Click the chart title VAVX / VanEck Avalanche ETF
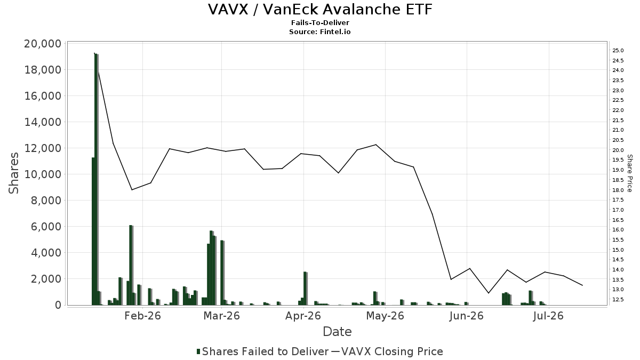pos(320,10)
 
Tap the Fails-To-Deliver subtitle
pos(320,22)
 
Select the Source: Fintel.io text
pos(319,31)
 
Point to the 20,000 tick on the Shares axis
pos(43,44)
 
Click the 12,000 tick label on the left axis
pos(43,148)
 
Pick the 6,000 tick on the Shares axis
pos(46,227)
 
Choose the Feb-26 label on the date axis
pos(142,316)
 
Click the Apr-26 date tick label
pos(303,316)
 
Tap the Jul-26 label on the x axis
pos(548,316)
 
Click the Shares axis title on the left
pos(13,173)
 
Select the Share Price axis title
pos(629,173)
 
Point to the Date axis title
pos(337,332)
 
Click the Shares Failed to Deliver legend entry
pos(262,351)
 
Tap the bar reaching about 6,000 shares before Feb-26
pos(131,265)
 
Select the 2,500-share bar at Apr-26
pos(305,289)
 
